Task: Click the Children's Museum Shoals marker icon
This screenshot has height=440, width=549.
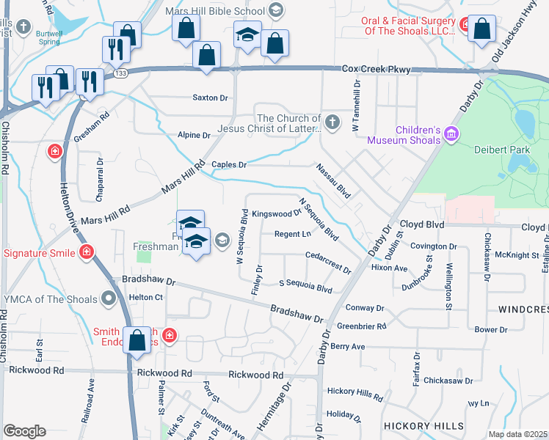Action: (451, 133)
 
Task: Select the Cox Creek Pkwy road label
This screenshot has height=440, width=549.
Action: (376, 70)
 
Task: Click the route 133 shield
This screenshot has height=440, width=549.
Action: (121, 73)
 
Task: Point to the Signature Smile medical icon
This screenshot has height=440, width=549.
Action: (87, 253)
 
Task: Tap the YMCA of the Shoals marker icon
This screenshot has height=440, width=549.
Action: (109, 298)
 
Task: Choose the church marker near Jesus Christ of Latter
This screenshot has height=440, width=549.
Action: (332, 122)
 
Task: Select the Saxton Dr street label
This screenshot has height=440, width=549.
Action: (210, 98)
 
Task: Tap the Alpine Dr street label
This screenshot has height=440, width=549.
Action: (194, 136)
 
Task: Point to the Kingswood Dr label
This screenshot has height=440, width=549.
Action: (276, 214)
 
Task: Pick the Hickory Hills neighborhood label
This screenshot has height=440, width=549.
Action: (423, 426)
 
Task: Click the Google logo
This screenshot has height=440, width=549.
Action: (24, 431)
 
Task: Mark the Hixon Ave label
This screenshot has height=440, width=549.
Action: (389, 268)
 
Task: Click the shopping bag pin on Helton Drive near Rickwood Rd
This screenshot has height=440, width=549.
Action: (137, 341)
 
